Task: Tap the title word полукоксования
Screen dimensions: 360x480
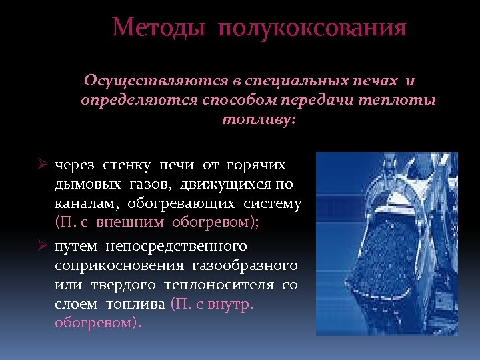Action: click(x=312, y=29)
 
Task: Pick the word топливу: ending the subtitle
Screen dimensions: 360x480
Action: click(x=258, y=120)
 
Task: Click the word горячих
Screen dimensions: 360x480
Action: click(x=256, y=165)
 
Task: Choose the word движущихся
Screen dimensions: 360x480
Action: click(x=223, y=184)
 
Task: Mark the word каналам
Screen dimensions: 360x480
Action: click(x=84, y=203)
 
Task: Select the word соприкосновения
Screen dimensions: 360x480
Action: click(x=119, y=266)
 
